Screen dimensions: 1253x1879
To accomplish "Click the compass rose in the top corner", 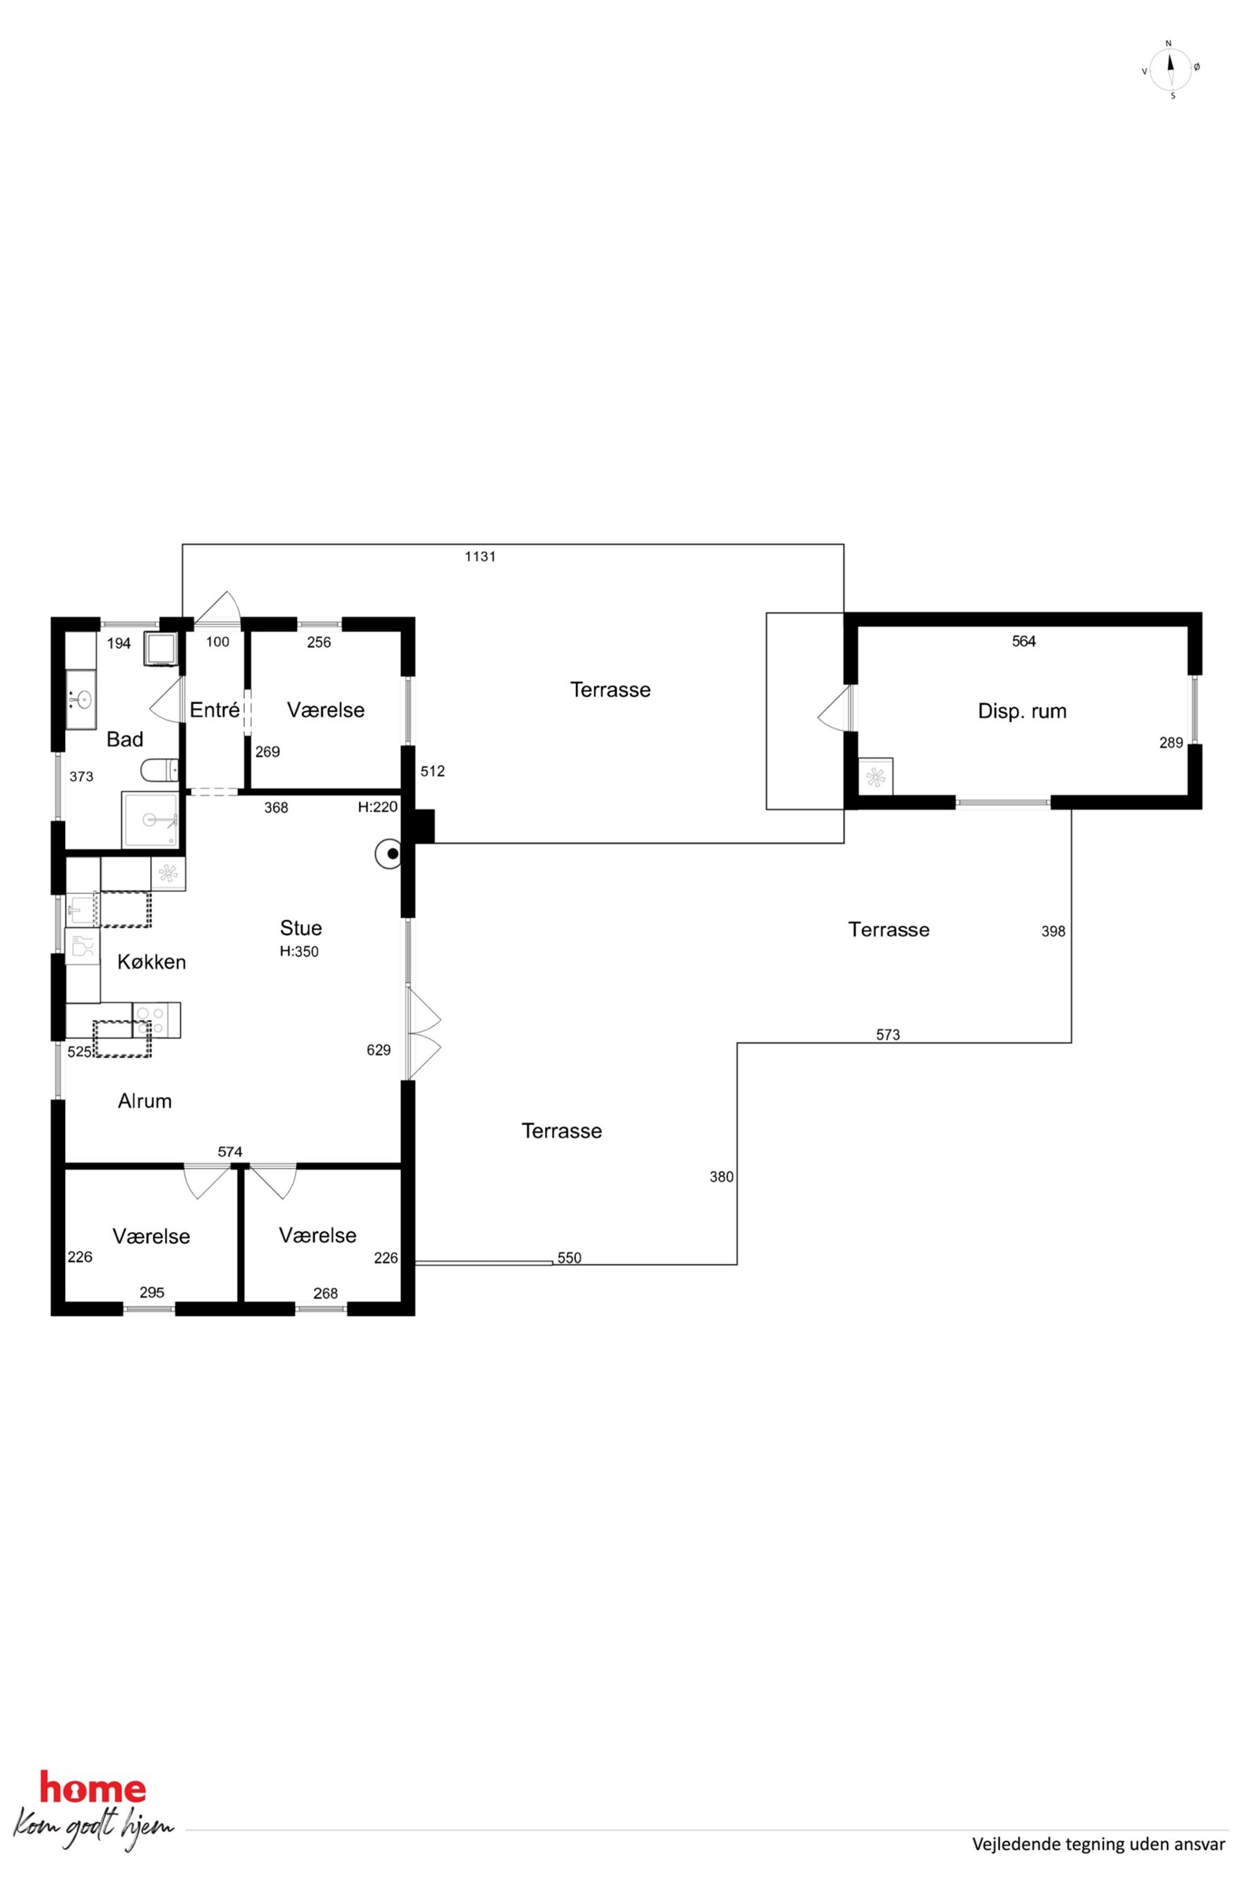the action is click(x=1171, y=69).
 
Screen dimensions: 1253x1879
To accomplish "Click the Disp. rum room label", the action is click(x=1022, y=711).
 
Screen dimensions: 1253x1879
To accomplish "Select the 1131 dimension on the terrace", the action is click(x=480, y=557).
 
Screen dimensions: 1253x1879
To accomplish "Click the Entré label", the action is click(x=214, y=710).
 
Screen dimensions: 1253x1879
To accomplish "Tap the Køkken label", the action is click(x=152, y=962).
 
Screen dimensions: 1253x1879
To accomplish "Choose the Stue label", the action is click(x=301, y=928).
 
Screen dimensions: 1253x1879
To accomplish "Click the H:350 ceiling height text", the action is click(x=299, y=951).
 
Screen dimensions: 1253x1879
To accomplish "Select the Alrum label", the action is click(x=145, y=1101).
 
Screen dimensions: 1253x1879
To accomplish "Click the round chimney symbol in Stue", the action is click(x=389, y=855).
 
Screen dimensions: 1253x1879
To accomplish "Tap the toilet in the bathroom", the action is click(x=159, y=770).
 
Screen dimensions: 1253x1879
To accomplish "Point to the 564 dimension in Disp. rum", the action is click(x=1024, y=641).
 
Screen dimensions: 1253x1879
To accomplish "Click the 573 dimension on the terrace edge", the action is click(x=888, y=1035).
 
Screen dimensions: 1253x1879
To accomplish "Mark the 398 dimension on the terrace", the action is click(x=1053, y=931).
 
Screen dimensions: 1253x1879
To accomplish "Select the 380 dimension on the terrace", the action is click(x=722, y=1176).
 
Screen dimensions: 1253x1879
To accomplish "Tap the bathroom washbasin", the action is click(x=80, y=700).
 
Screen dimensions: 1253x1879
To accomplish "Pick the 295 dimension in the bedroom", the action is click(x=152, y=1292).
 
